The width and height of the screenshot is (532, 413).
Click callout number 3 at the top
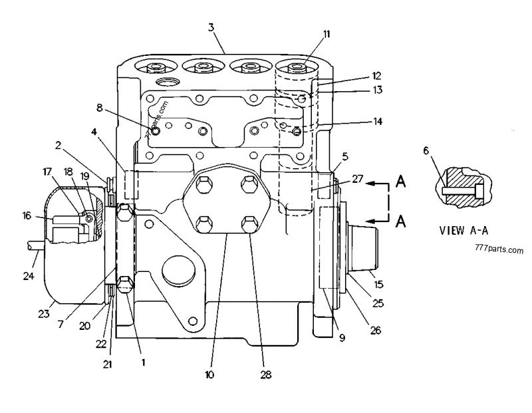coord(211,27)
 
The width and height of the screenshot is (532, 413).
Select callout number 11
coord(327,33)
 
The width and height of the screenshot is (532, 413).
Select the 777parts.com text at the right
coord(499,250)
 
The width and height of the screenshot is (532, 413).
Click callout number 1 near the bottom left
coord(142,363)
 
